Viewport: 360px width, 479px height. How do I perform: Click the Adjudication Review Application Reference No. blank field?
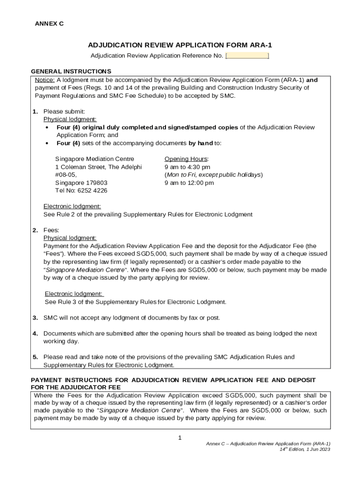tap(247, 56)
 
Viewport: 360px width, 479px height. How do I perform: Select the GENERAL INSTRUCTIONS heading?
tap(71, 71)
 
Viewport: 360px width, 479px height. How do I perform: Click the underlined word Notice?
tap(45, 80)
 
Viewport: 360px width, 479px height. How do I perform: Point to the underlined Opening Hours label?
tap(186, 159)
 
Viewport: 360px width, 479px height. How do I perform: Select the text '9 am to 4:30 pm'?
tap(187, 167)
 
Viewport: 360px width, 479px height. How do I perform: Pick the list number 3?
tap(35, 318)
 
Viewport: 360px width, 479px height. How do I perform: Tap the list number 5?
tap(35, 357)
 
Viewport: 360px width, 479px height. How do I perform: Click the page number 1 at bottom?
tap(180, 437)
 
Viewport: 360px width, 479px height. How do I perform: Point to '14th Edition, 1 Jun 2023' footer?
tap(305, 449)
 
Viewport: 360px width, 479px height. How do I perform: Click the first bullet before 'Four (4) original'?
tap(47, 128)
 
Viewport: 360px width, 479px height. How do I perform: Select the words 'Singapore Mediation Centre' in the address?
tap(94, 159)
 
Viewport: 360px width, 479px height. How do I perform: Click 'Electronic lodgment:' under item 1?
tap(72, 206)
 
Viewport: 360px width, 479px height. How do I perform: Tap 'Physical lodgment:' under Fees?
tap(70, 238)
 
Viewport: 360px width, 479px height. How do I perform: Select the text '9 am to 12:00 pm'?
tap(189, 182)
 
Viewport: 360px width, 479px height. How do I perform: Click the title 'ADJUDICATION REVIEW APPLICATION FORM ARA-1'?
tap(180, 45)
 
